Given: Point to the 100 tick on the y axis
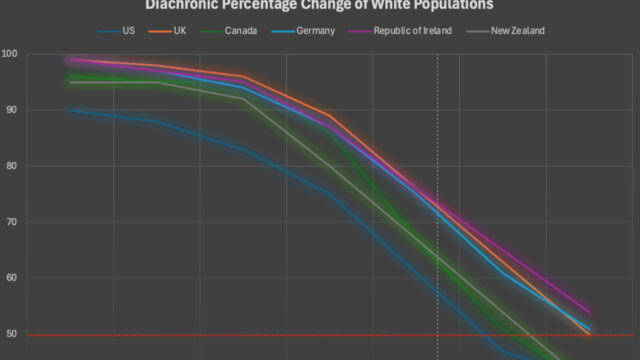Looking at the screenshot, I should pyautogui.click(x=9, y=53).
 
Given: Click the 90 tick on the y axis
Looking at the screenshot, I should pyautogui.click(x=9, y=109).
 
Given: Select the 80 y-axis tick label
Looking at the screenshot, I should pyautogui.click(x=9, y=165).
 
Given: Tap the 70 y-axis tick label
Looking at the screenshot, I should pyautogui.click(x=9, y=221).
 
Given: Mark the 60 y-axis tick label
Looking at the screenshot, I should pyautogui.click(x=9, y=278).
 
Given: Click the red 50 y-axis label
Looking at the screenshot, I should pyautogui.click(x=9, y=334).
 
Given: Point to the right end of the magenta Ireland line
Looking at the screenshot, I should pyautogui.click(x=589, y=312).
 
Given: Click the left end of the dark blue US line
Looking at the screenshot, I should pyautogui.click(x=68, y=109).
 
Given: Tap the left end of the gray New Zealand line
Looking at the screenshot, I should pyautogui.click(x=68, y=82).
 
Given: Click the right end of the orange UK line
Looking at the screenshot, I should pyautogui.click(x=589, y=334).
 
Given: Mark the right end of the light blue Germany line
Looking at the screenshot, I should pyautogui.click(x=589, y=328).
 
